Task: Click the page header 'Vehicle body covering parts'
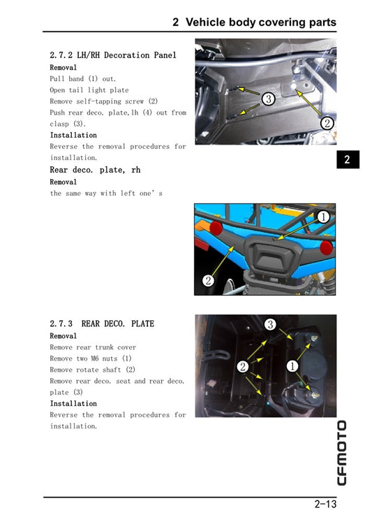(x=254, y=22)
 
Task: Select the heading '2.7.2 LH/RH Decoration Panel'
(x=113, y=55)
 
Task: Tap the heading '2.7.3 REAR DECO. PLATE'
(x=102, y=324)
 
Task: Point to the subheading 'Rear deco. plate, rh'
(x=95, y=170)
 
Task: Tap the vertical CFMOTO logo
(x=341, y=452)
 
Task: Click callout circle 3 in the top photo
(x=268, y=99)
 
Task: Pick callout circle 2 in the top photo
(x=327, y=124)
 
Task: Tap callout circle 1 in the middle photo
(x=323, y=217)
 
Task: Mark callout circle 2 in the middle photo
(x=208, y=280)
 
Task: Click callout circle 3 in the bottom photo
(x=271, y=324)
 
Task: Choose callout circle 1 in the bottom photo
(x=292, y=366)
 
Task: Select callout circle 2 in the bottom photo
(x=243, y=366)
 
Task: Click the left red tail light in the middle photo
(x=216, y=229)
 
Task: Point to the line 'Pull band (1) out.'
(x=83, y=79)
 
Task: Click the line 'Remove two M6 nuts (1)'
(x=91, y=359)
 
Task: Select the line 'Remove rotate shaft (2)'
(x=92, y=370)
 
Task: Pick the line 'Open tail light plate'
(x=89, y=90)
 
